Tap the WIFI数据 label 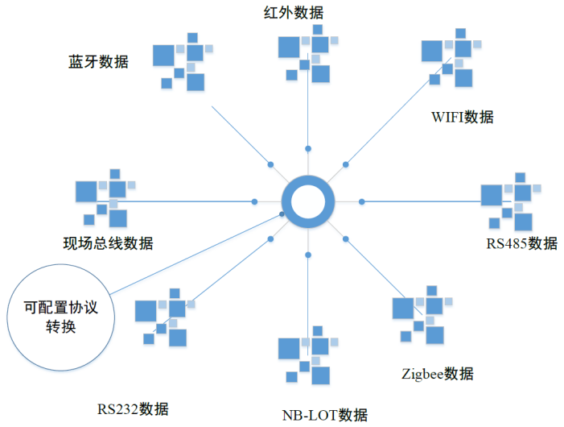(462, 117)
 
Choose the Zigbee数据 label (437, 374)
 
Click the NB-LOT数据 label (325, 416)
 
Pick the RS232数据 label (133, 408)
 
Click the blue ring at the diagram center (308, 201)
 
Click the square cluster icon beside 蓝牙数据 (183, 61)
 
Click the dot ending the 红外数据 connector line (308, 149)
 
